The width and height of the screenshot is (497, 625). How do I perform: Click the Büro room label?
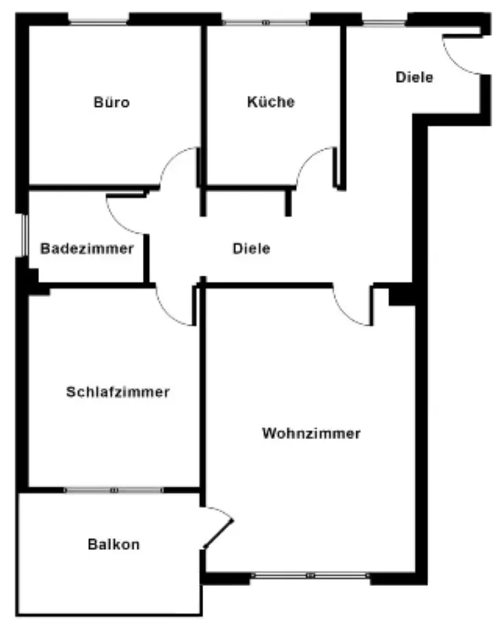[x=111, y=103]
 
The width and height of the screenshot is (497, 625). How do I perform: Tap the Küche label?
[x=271, y=102]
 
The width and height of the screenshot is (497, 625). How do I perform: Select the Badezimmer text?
[x=87, y=248]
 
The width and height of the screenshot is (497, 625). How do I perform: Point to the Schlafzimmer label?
[x=118, y=393]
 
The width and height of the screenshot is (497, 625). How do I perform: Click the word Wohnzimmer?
[x=311, y=434]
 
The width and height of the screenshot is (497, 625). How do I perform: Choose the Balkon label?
[x=113, y=545]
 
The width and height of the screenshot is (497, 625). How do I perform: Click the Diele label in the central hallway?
[x=251, y=249]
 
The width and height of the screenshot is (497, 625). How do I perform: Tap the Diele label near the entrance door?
[x=414, y=77]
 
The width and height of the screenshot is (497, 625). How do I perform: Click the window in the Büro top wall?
[x=100, y=22]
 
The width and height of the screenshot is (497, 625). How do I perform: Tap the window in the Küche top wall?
[x=267, y=22]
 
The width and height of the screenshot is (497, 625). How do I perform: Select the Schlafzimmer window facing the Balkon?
[x=114, y=490]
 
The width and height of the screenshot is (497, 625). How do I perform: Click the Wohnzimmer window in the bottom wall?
[x=311, y=575]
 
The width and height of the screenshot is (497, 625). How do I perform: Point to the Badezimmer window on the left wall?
[x=23, y=236]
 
